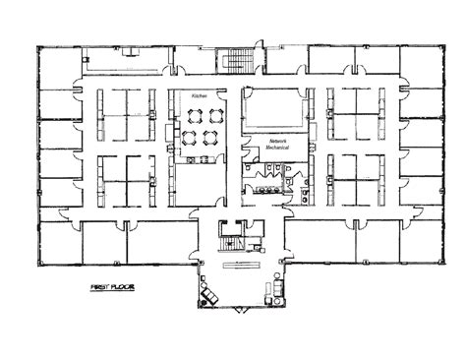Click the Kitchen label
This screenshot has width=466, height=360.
point(200,96)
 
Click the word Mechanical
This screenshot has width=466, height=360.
point(279,150)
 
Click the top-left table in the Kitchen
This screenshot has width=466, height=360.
point(190,116)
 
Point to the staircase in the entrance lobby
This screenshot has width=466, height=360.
point(232,240)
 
